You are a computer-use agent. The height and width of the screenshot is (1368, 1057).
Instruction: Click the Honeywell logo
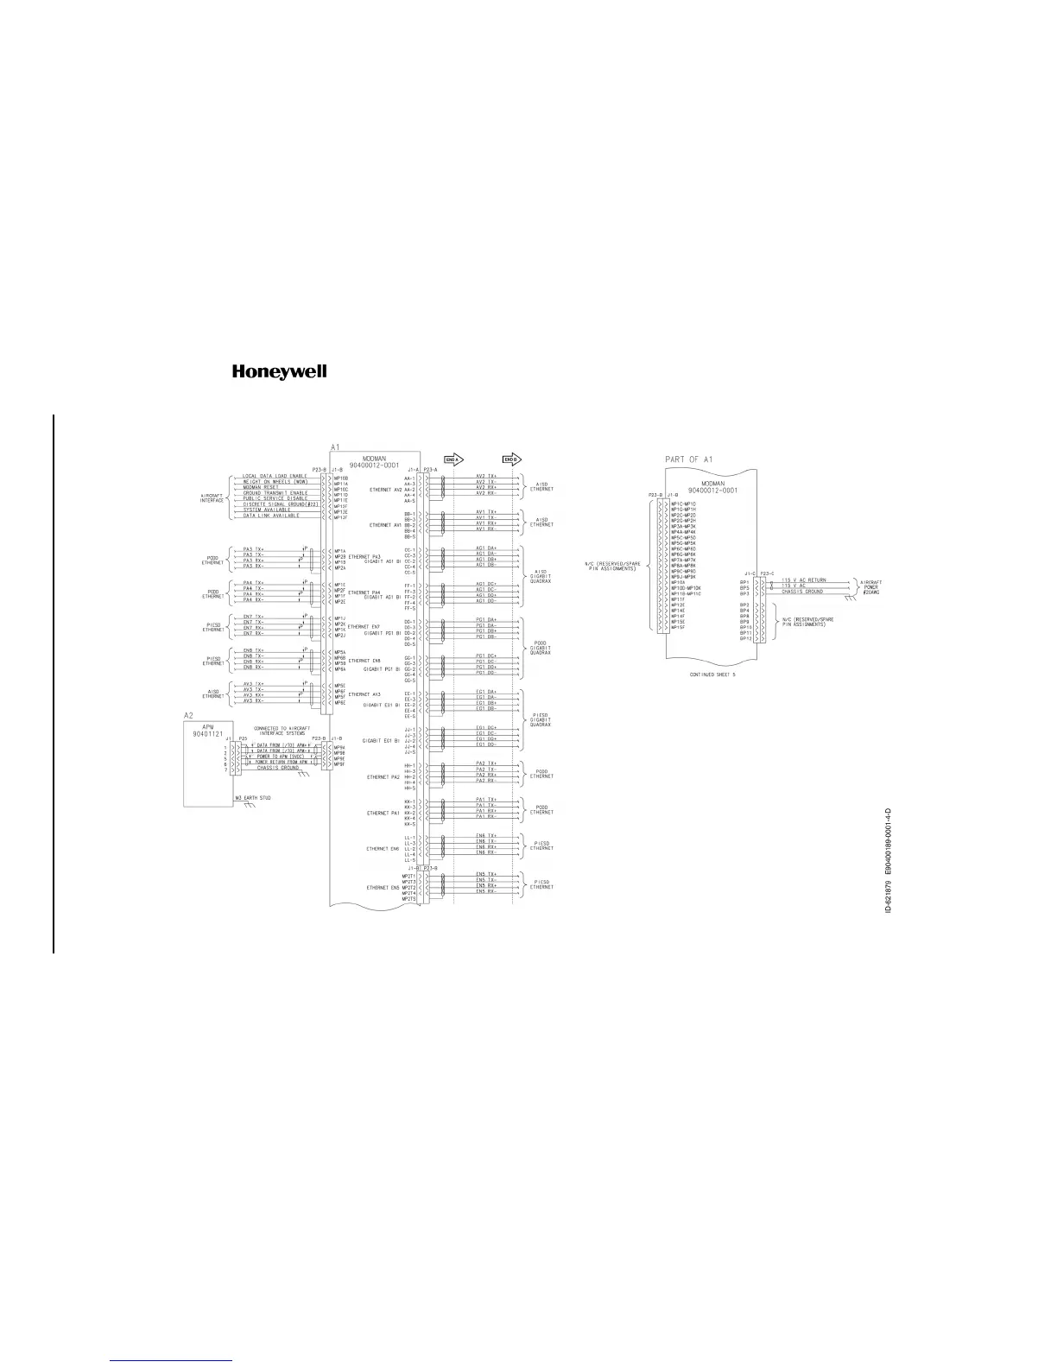pos(279,372)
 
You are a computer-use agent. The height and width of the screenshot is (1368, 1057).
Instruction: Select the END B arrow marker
pos(511,459)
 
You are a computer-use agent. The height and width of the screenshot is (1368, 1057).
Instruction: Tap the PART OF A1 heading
pos(693,460)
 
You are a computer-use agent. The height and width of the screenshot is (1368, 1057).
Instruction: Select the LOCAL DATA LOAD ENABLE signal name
pos(275,476)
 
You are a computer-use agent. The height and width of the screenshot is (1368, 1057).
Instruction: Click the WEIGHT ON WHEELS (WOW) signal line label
pos(275,481)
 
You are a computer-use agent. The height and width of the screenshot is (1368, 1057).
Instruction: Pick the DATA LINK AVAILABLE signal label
pos(271,516)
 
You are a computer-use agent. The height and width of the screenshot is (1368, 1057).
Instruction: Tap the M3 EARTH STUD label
pos(253,798)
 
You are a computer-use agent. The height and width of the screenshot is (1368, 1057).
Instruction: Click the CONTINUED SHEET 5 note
pos(712,673)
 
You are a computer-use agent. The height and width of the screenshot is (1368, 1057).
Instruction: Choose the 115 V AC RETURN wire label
pos(803,580)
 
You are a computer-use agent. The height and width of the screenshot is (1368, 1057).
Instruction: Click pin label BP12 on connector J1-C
pos(744,639)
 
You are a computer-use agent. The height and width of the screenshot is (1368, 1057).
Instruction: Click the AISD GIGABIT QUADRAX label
pos(541,575)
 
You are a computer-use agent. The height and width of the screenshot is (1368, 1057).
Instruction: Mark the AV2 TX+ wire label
pos(486,476)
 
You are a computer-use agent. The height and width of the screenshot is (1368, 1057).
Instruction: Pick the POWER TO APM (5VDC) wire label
pos(282,757)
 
